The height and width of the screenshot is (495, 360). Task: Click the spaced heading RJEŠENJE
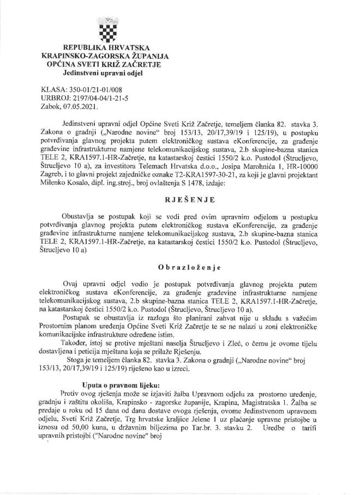[x=179, y=192]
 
